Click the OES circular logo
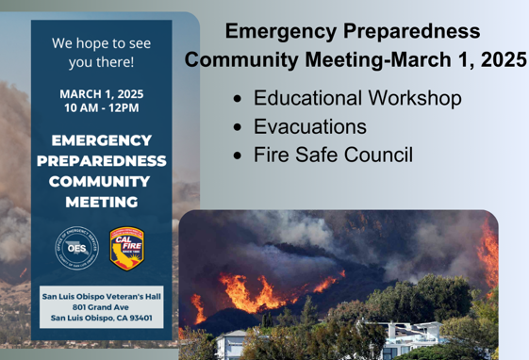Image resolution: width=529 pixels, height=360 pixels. click(76, 248)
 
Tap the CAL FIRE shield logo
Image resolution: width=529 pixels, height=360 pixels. click(126, 248)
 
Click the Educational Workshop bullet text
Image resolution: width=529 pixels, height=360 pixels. click(357, 98)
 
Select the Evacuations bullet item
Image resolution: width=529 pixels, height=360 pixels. click(310, 126)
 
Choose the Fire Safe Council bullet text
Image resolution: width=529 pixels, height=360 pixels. click(333, 155)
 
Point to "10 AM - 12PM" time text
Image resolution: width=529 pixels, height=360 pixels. click(101, 108)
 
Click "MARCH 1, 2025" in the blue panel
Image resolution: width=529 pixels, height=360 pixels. click(101, 94)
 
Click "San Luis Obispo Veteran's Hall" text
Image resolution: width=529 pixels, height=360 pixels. click(101, 295)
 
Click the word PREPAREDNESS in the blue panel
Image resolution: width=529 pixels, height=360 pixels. click(101, 161)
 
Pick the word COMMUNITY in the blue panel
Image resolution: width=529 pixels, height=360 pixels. click(101, 182)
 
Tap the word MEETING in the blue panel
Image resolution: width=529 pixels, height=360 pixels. click(101, 203)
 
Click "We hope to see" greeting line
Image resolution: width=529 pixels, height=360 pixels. click(101, 43)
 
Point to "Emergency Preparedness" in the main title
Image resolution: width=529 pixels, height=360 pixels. click(352, 31)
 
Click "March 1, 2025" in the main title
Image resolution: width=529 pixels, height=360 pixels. click(459, 59)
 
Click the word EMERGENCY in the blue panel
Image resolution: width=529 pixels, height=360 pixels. click(101, 140)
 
